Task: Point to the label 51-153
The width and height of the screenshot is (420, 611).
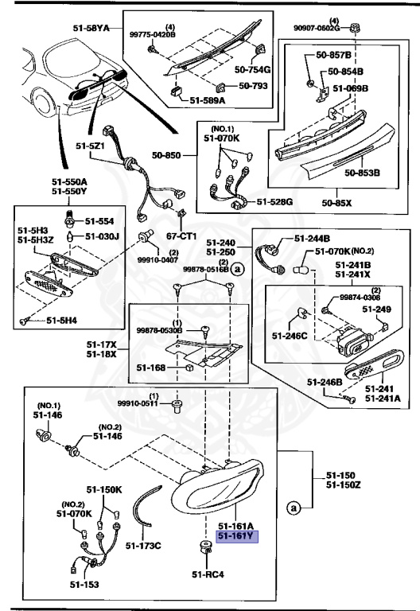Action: point(81,585)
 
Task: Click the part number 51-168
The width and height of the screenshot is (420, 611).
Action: point(151,368)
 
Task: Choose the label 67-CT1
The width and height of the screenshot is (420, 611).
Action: point(181,236)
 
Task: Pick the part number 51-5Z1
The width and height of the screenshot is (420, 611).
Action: point(91,146)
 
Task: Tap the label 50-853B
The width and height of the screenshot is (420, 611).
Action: point(362,172)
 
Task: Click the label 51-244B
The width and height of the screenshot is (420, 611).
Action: point(312,238)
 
